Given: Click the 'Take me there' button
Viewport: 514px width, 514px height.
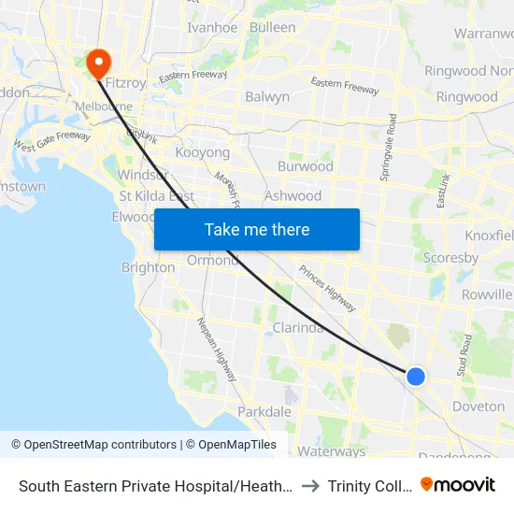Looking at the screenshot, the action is pyautogui.click(x=257, y=229).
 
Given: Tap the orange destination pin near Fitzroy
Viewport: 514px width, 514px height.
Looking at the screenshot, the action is pyautogui.click(x=98, y=63).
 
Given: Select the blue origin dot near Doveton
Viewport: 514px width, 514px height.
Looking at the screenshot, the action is pyautogui.click(x=416, y=376).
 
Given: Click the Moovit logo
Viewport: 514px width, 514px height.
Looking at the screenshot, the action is pyautogui.click(x=458, y=484).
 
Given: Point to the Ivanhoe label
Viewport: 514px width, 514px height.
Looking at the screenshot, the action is pyautogui.click(x=212, y=27).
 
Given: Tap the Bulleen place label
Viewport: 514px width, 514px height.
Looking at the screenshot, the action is pyautogui.click(x=272, y=27).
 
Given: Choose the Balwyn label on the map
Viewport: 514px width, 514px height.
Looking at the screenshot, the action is pyautogui.click(x=266, y=96).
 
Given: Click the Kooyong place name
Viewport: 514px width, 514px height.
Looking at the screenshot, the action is pyautogui.click(x=203, y=151).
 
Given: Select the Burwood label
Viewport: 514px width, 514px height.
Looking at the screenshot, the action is pyautogui.click(x=306, y=166).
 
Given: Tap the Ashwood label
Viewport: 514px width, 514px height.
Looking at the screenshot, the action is pyautogui.click(x=293, y=196).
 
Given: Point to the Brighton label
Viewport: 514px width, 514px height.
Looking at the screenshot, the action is pyautogui.click(x=148, y=267).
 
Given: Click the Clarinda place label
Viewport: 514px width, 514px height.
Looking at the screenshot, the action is pyautogui.click(x=298, y=328).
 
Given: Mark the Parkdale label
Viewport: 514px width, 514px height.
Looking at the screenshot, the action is pyautogui.click(x=264, y=411).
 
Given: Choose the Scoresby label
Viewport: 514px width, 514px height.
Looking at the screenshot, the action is pyautogui.click(x=450, y=258).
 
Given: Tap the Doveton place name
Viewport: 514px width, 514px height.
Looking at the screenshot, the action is pyautogui.click(x=478, y=407).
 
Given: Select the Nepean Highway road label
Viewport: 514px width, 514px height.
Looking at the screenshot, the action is pyautogui.click(x=215, y=350).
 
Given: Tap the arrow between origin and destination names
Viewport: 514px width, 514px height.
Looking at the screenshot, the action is pyautogui.click(x=310, y=485).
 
